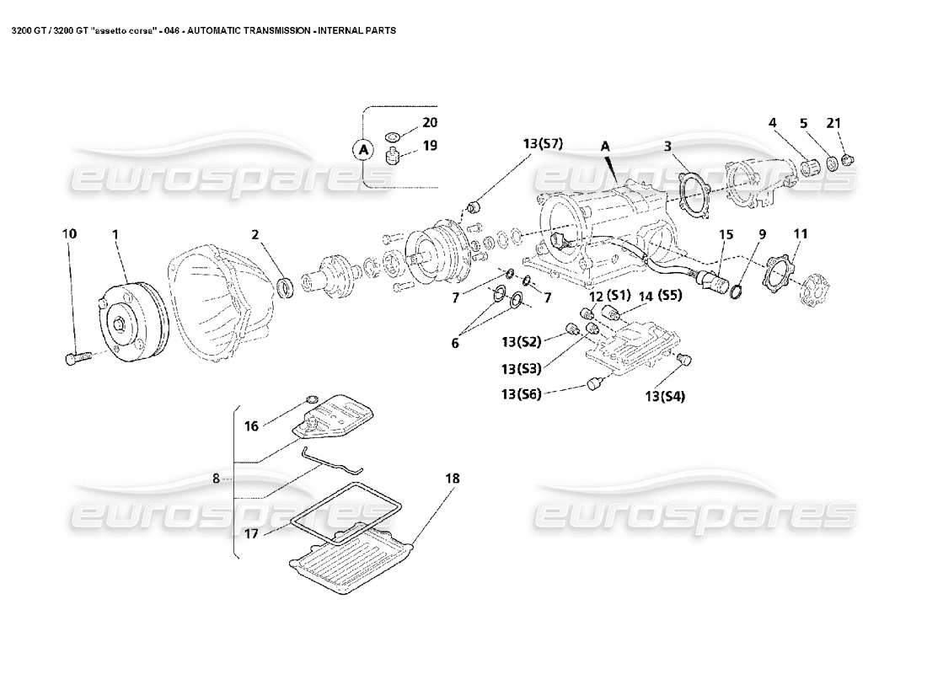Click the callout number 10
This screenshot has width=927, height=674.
pyautogui.click(x=70, y=233)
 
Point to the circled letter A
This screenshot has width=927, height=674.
pyautogui.click(x=364, y=149)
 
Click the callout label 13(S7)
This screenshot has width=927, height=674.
pyautogui.click(x=542, y=143)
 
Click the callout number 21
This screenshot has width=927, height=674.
pyautogui.click(x=833, y=123)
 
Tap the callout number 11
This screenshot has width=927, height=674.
pyautogui.click(x=800, y=233)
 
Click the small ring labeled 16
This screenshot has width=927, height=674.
pyautogui.click(x=309, y=399)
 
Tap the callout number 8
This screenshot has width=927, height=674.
pyautogui.click(x=216, y=479)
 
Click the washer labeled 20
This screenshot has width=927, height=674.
pyautogui.click(x=393, y=136)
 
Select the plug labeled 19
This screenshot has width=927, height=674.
pyautogui.click(x=391, y=156)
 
